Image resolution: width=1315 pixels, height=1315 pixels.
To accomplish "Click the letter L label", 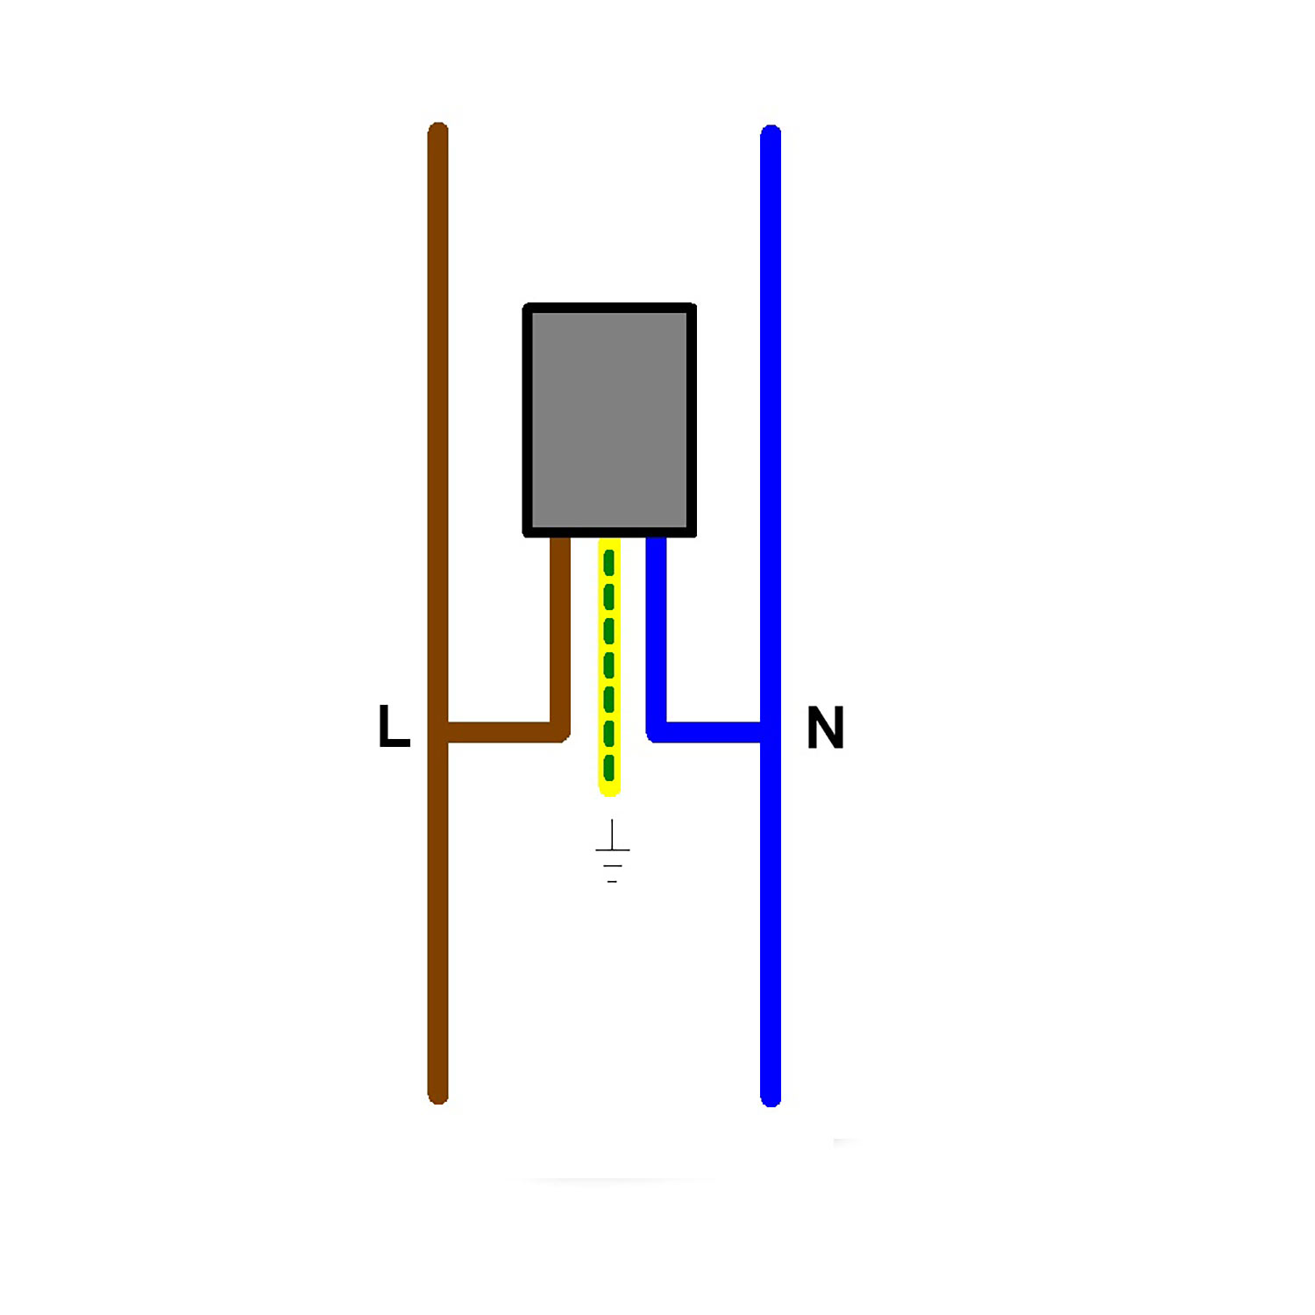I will [394, 726].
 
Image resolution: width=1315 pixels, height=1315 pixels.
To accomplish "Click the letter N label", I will [825, 728].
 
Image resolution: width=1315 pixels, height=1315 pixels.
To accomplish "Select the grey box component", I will [609, 420].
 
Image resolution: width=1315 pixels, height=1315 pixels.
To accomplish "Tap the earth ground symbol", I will [612, 851].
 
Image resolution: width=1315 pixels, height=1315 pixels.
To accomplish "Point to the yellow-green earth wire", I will [609, 666].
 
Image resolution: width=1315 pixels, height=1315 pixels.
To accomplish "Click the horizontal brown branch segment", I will [500, 732].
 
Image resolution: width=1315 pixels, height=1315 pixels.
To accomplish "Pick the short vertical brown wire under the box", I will [560, 631].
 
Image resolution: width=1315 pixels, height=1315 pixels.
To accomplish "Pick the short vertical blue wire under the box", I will [656, 631].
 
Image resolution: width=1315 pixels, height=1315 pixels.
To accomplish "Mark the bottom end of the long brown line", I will [438, 1096].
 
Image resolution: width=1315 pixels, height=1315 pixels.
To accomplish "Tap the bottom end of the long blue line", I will [771, 1098].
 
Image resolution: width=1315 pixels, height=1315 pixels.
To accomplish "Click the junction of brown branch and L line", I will [438, 732].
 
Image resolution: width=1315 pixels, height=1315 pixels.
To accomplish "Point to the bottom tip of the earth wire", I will [609, 791].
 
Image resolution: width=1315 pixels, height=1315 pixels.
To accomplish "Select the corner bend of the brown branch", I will [560, 732].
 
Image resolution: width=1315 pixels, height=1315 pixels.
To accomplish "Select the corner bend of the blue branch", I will [656, 732].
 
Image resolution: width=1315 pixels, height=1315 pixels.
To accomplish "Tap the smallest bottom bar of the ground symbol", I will [612, 881].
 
